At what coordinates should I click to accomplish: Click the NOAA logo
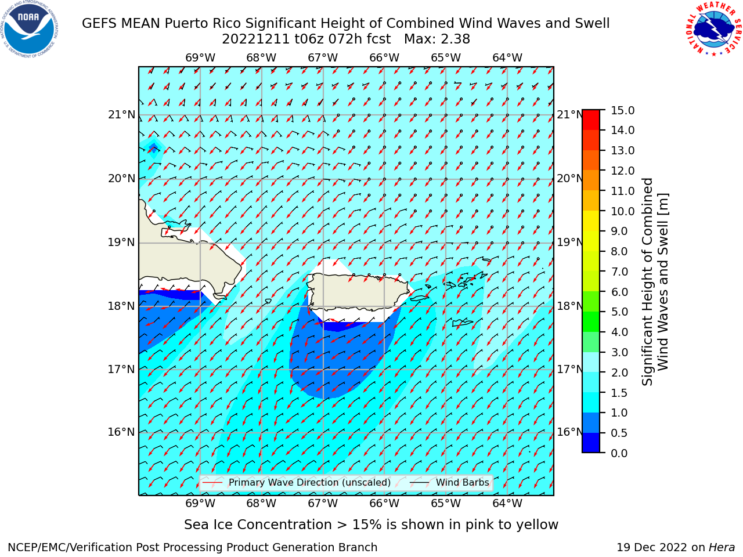click(30, 29)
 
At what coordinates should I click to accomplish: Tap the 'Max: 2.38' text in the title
click(437, 39)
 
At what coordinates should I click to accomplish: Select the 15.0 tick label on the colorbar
click(622, 110)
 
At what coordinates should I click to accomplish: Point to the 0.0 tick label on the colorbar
click(619, 453)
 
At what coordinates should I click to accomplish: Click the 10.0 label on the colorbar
click(622, 211)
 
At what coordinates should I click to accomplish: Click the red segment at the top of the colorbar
click(591, 120)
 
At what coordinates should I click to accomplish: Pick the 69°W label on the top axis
click(200, 58)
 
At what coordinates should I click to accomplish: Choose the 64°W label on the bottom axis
click(507, 503)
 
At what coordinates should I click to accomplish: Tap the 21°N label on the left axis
click(121, 115)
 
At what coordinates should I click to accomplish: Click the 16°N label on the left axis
click(121, 432)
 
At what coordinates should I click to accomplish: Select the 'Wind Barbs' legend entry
click(449, 482)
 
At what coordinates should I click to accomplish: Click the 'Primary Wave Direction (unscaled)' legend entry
click(297, 482)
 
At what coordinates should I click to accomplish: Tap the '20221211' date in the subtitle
click(255, 39)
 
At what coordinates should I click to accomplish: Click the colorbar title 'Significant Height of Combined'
click(647, 281)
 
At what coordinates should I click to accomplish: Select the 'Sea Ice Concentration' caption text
click(258, 525)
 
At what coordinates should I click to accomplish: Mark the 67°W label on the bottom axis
click(323, 503)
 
